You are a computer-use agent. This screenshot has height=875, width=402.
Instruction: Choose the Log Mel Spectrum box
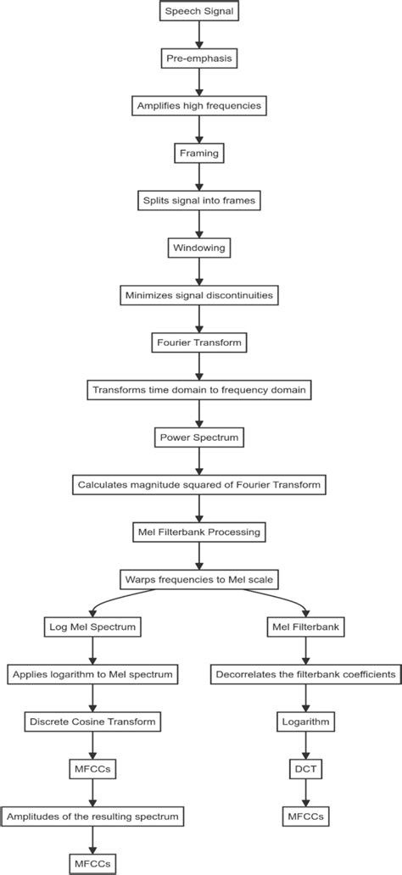tap(92, 627)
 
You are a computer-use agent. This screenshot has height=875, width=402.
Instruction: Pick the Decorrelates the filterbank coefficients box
tap(304, 675)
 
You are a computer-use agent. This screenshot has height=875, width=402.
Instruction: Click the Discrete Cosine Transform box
tap(92, 722)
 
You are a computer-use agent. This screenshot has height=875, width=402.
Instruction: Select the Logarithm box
tap(304, 722)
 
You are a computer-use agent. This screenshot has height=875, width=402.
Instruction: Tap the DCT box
tap(304, 769)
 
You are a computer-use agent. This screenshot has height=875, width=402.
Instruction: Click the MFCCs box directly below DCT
tap(304, 816)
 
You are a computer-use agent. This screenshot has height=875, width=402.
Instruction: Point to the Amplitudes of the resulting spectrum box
tap(92, 816)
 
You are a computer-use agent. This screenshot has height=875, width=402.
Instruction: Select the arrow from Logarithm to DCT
tap(304, 746)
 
